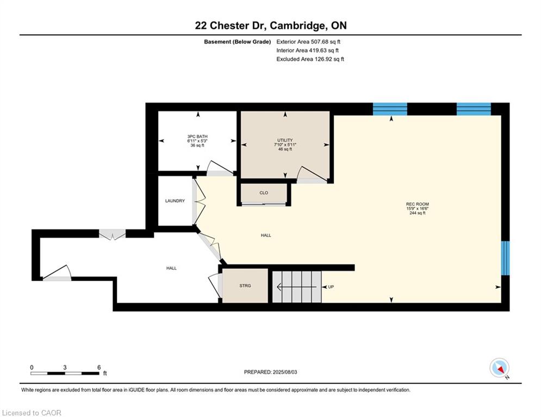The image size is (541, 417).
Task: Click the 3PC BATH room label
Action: pyautogui.click(x=197, y=136)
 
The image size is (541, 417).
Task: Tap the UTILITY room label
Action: pyautogui.click(x=285, y=140)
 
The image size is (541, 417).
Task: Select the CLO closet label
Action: pyautogui.click(x=264, y=193)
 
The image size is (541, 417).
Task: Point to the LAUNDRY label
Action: pyautogui.click(x=175, y=200)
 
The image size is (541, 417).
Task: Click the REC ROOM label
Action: pyautogui.click(x=418, y=204)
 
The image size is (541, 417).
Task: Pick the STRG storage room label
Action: pyautogui.click(x=245, y=286)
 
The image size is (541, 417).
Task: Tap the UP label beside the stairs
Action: pyautogui.click(x=331, y=287)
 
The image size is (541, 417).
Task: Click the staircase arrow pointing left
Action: pyautogui.click(x=297, y=287)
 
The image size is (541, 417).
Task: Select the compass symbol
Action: pyautogui.click(x=500, y=369)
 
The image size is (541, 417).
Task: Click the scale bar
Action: pyautogui.click(x=65, y=373)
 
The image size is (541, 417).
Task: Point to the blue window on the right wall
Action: pyautogui.click(x=505, y=258)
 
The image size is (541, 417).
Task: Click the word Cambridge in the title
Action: pyautogui.click(x=297, y=26)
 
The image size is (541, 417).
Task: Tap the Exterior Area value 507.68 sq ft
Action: pyautogui.click(x=326, y=42)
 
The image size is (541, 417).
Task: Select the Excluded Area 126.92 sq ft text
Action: pyautogui.click(x=310, y=59)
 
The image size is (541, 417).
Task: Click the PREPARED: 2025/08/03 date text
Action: pyautogui.click(x=271, y=372)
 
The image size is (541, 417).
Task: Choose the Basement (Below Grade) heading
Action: pyautogui.click(x=238, y=42)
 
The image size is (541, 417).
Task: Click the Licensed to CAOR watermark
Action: pyautogui.click(x=32, y=413)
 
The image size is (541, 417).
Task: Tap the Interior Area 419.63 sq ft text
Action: pyautogui.click(x=307, y=50)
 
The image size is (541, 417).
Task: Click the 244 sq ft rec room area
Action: pyautogui.click(x=418, y=213)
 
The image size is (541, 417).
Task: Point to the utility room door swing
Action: pyautogui.click(x=311, y=174)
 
